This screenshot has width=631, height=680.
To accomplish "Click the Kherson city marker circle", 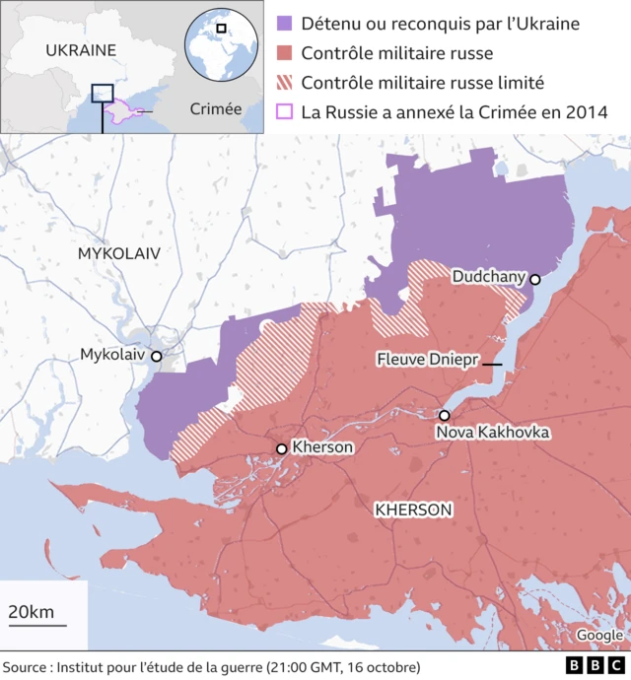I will pyautogui.click(x=282, y=448).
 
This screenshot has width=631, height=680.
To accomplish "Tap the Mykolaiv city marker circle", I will pyautogui.click(x=156, y=355).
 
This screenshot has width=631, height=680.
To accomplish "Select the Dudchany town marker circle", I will pyautogui.click(x=535, y=280).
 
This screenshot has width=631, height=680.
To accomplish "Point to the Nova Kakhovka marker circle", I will pyautogui.click(x=445, y=416).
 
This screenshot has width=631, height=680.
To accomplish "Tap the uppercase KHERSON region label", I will pyautogui.click(x=413, y=510).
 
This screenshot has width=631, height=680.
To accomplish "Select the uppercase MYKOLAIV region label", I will pyautogui.click(x=118, y=253).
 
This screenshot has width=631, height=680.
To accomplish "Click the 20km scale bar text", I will pyautogui.click(x=32, y=612).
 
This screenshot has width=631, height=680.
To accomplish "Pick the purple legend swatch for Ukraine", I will pyautogui.click(x=285, y=24).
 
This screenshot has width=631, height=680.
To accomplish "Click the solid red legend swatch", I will pyautogui.click(x=285, y=53).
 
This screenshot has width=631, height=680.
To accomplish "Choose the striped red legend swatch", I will pyautogui.click(x=285, y=83).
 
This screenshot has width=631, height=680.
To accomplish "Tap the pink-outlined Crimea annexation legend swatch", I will pyautogui.click(x=285, y=111).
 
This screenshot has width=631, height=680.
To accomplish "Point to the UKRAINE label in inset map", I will pyautogui.click(x=81, y=50).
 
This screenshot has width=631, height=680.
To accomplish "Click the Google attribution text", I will pyautogui.click(x=599, y=636).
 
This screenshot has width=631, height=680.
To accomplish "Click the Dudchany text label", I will pyautogui.click(x=488, y=278).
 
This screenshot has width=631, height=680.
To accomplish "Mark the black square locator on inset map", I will pyautogui.click(x=103, y=93).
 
